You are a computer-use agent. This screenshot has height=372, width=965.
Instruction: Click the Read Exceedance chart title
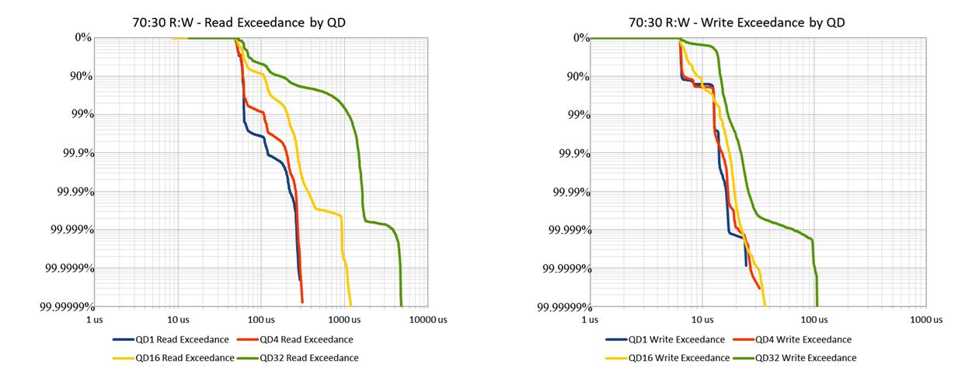[x=239, y=23]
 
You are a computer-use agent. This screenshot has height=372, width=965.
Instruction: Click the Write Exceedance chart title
[x=737, y=23]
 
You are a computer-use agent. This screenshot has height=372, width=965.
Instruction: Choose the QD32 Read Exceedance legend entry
[x=308, y=358]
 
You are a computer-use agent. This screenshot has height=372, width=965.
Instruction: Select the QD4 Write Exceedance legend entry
[x=803, y=339]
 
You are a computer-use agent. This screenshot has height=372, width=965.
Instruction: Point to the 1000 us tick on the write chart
[x=925, y=319]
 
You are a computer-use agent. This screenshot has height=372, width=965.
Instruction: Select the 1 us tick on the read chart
[x=94, y=319]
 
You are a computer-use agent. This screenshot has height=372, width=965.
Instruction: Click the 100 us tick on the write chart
[x=813, y=319]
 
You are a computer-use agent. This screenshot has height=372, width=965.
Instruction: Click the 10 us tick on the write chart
[x=702, y=319]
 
